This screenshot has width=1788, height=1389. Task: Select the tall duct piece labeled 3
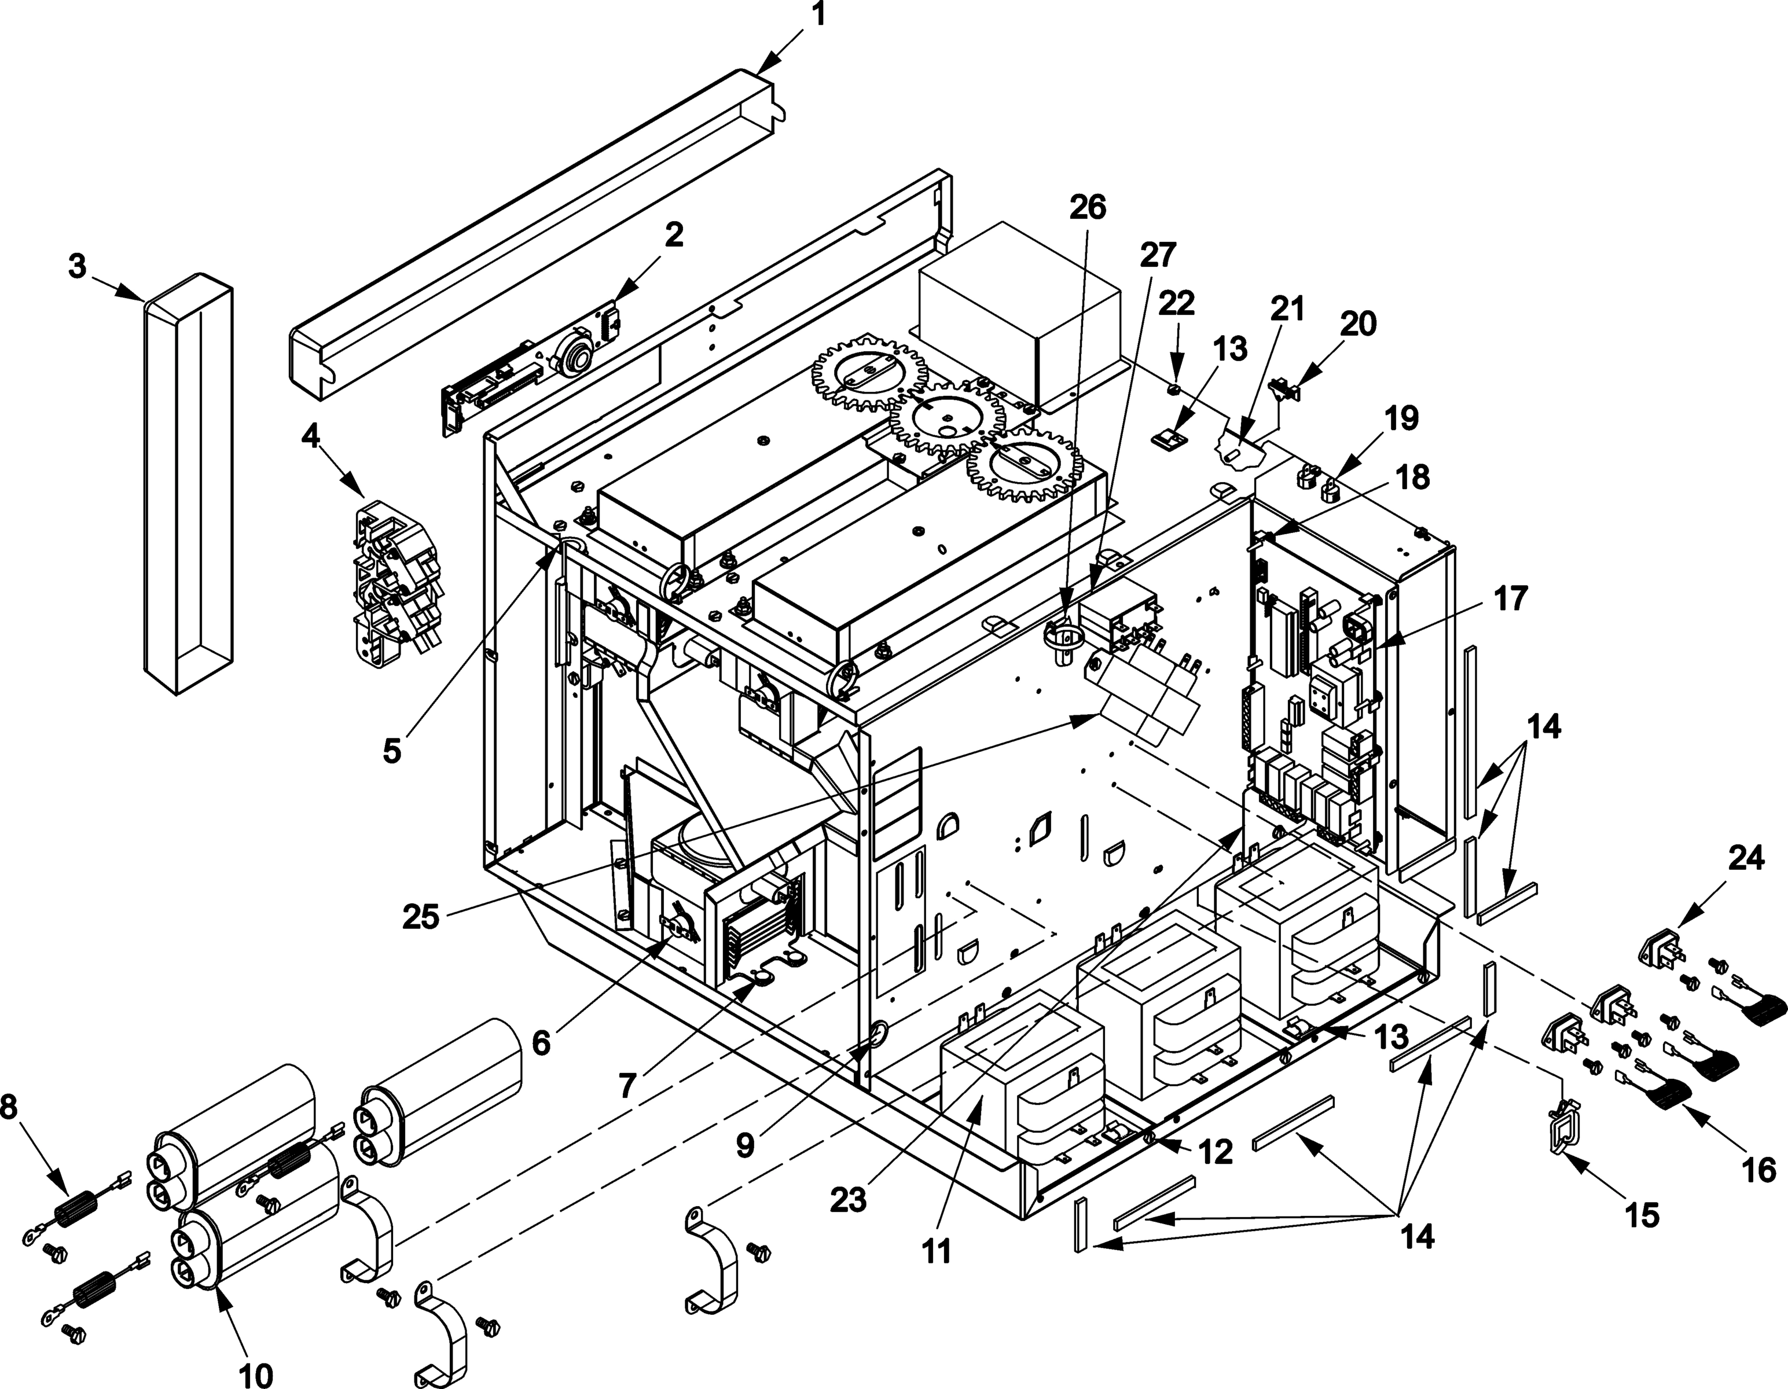tap(188, 483)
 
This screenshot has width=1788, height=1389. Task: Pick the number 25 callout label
tap(421, 917)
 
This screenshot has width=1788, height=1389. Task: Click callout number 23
tap(848, 1200)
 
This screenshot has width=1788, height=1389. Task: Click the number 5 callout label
tap(392, 749)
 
